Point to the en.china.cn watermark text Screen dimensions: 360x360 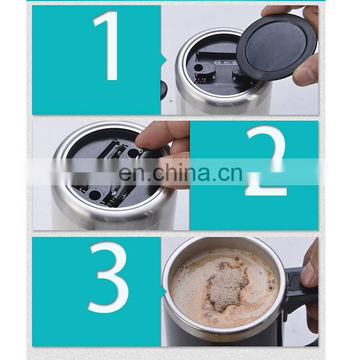180,172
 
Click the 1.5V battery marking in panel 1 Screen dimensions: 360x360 226,62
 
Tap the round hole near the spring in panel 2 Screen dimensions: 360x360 95,195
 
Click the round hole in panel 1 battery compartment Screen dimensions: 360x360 199,69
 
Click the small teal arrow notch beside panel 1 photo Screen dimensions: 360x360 164,60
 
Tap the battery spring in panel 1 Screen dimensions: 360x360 200,80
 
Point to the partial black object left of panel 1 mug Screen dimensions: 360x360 164,90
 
